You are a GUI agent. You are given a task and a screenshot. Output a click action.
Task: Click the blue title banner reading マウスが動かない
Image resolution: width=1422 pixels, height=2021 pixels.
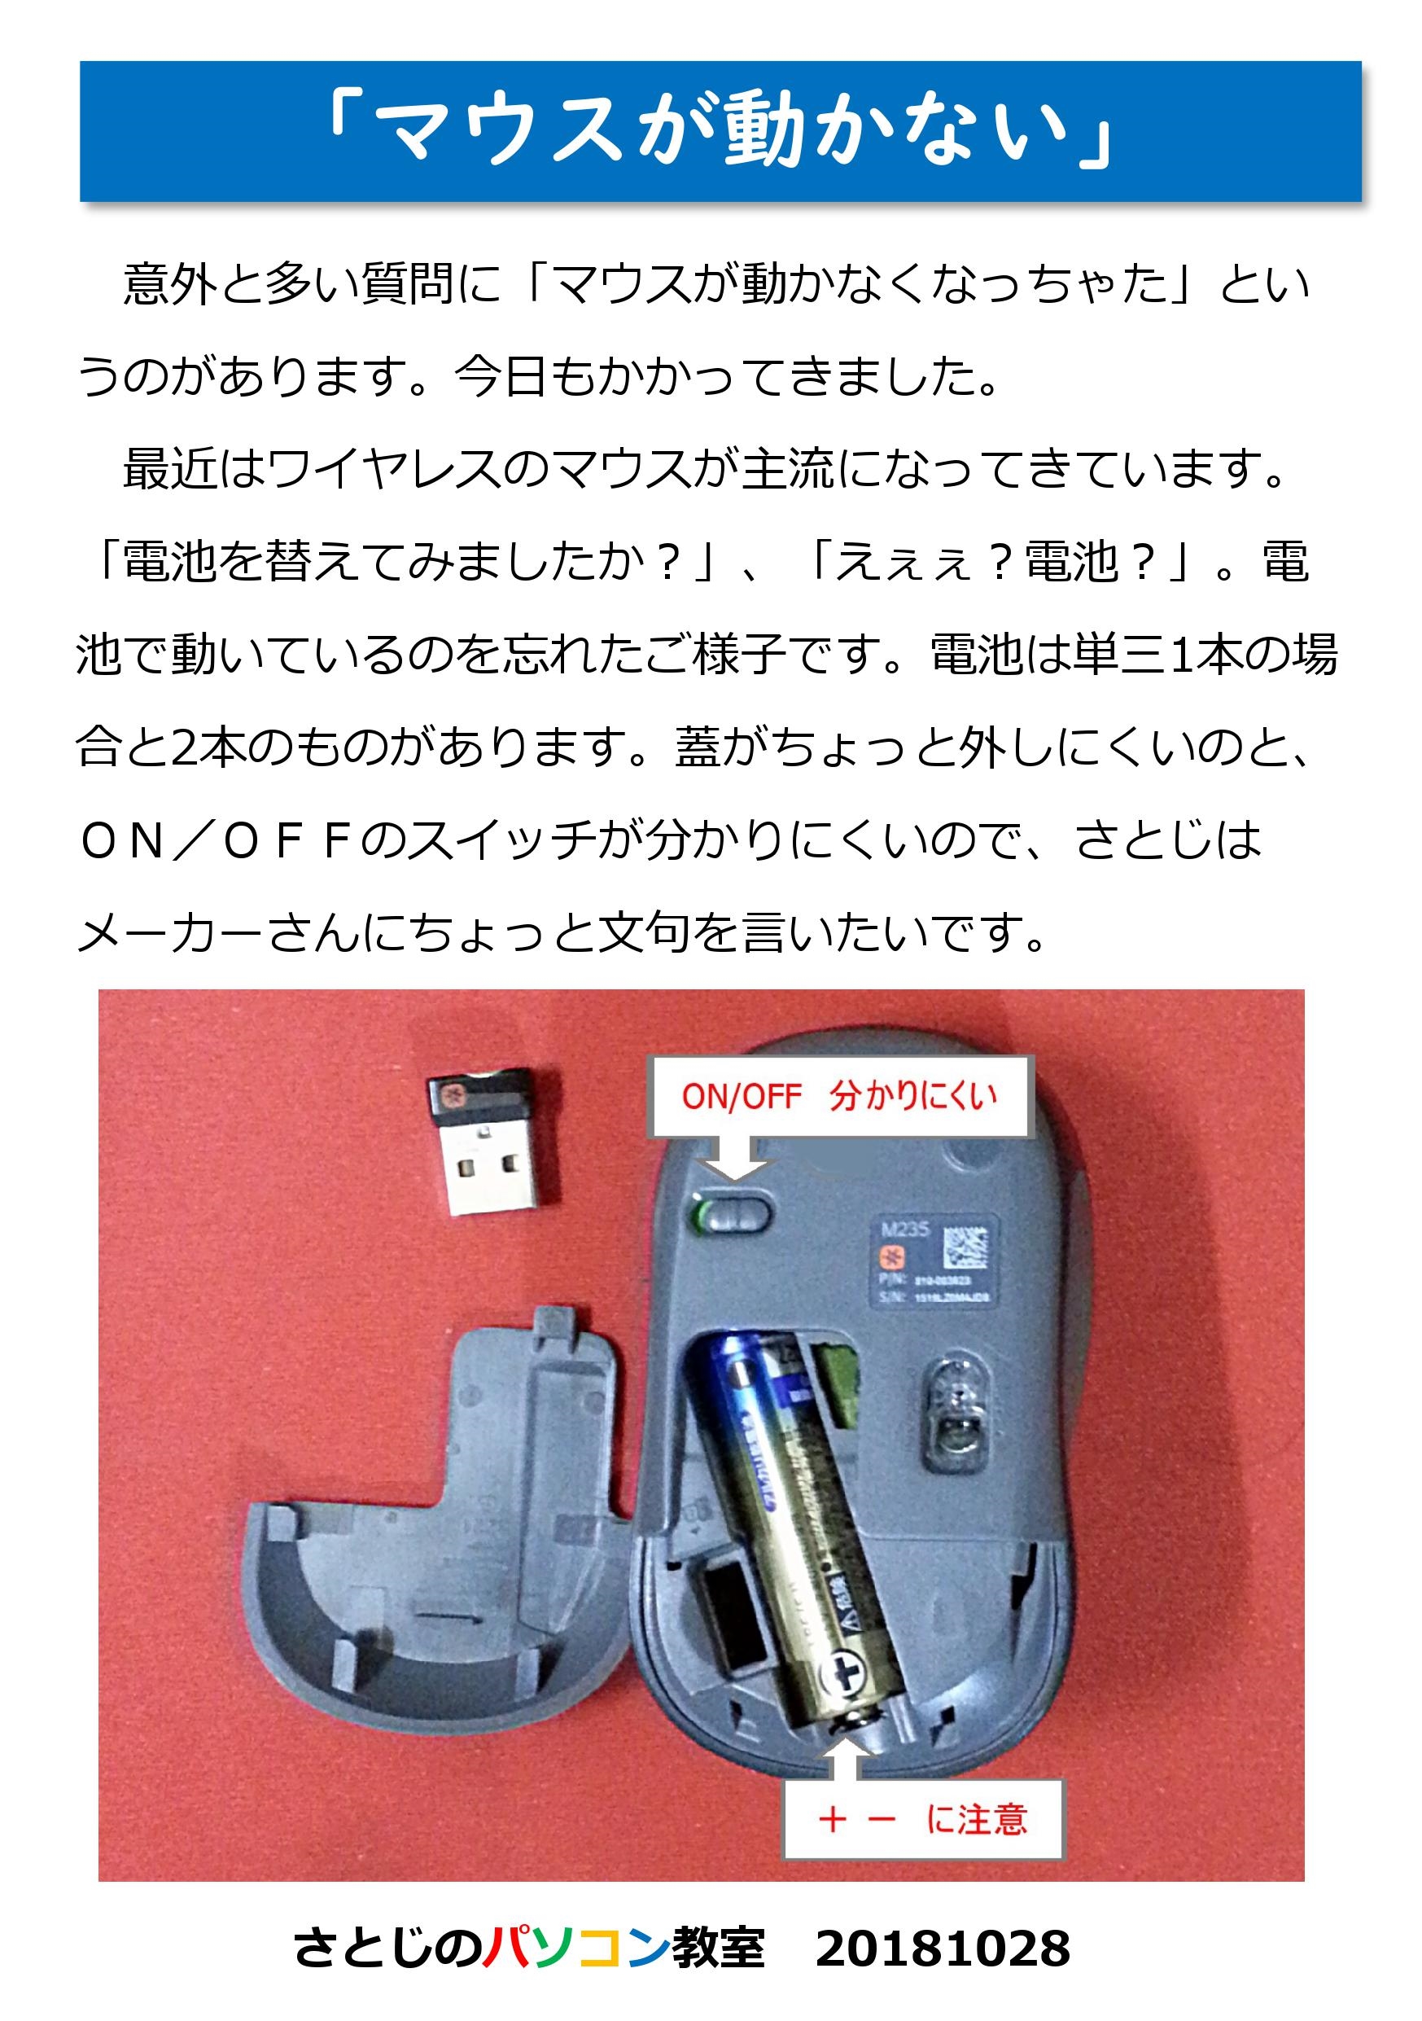point(720,132)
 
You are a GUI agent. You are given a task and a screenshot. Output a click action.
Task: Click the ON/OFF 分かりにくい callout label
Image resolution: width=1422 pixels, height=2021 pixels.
point(838,1096)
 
